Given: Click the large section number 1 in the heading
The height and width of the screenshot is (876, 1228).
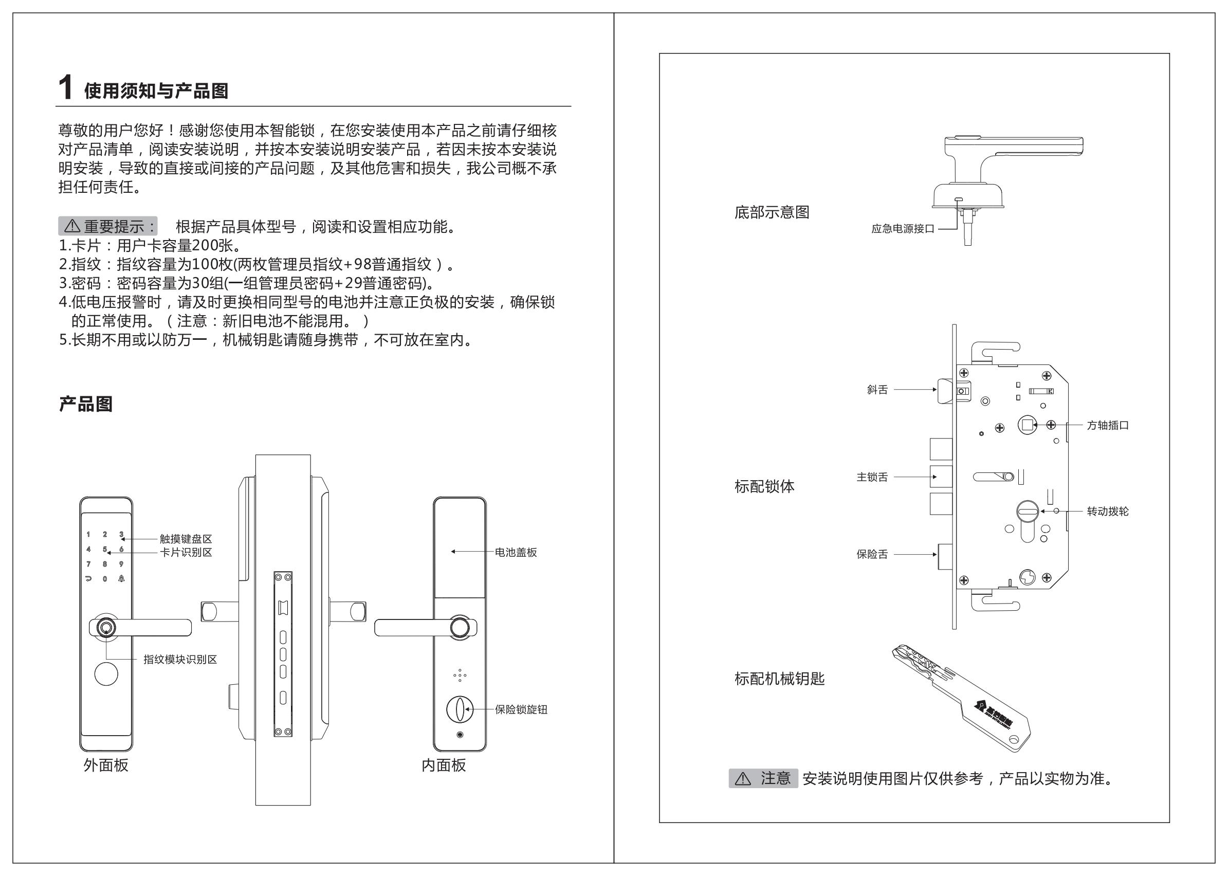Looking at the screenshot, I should click(x=65, y=88).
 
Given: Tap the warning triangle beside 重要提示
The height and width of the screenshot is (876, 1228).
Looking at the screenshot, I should click(x=72, y=226).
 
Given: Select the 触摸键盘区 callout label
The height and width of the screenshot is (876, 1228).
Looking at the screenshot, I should click(x=186, y=539).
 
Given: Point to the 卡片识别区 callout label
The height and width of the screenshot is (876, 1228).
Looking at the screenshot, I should click(x=186, y=552).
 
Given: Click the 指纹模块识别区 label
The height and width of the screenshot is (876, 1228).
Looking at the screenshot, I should click(x=180, y=659).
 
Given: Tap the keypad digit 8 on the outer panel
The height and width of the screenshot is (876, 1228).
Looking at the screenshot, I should click(x=105, y=564).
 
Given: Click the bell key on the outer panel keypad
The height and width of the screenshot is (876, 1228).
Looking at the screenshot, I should click(x=121, y=579).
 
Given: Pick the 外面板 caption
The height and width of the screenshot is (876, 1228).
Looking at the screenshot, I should click(x=106, y=765).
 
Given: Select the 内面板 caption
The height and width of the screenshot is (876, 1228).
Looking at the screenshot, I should click(x=443, y=765).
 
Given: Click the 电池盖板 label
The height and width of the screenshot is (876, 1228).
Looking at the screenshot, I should click(x=516, y=552).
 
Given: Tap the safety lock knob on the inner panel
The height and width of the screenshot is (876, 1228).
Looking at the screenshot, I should click(x=459, y=709).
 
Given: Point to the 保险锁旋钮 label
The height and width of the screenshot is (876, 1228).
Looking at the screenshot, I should click(x=521, y=709).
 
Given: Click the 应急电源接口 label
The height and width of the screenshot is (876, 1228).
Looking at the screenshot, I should click(x=902, y=229).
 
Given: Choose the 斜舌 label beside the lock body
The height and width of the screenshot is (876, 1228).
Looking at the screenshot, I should click(x=877, y=390).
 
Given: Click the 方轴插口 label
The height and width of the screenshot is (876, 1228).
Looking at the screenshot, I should click(x=1107, y=425).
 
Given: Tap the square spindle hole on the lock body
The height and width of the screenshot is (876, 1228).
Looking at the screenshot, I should click(x=1027, y=425).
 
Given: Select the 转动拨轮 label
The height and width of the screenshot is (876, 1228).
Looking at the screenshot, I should click(x=1107, y=512).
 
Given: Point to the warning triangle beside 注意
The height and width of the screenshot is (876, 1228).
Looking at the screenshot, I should click(x=743, y=779).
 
